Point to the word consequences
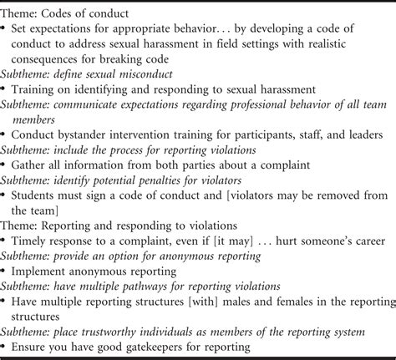click(50, 60)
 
